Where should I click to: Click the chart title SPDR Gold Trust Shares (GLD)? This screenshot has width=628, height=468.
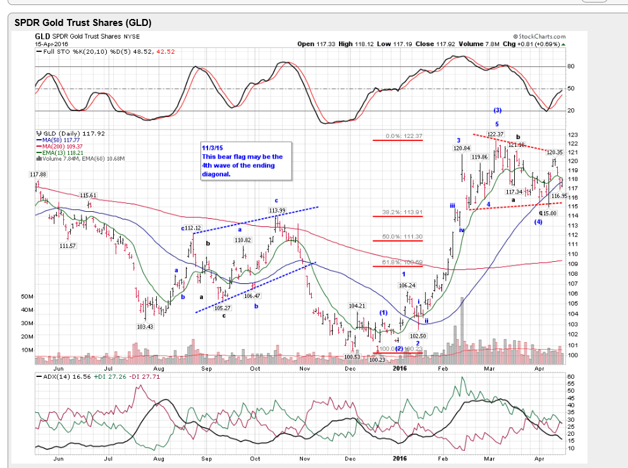click(83, 23)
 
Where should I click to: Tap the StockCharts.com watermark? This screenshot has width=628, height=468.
click(539, 37)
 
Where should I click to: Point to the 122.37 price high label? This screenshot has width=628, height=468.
click(495, 134)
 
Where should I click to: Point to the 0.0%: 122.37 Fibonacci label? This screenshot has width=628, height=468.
click(403, 136)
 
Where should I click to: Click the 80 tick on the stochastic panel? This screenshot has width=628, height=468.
click(571, 66)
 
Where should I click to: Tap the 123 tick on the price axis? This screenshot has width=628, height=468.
click(573, 135)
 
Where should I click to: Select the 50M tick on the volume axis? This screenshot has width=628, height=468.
click(27, 296)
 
